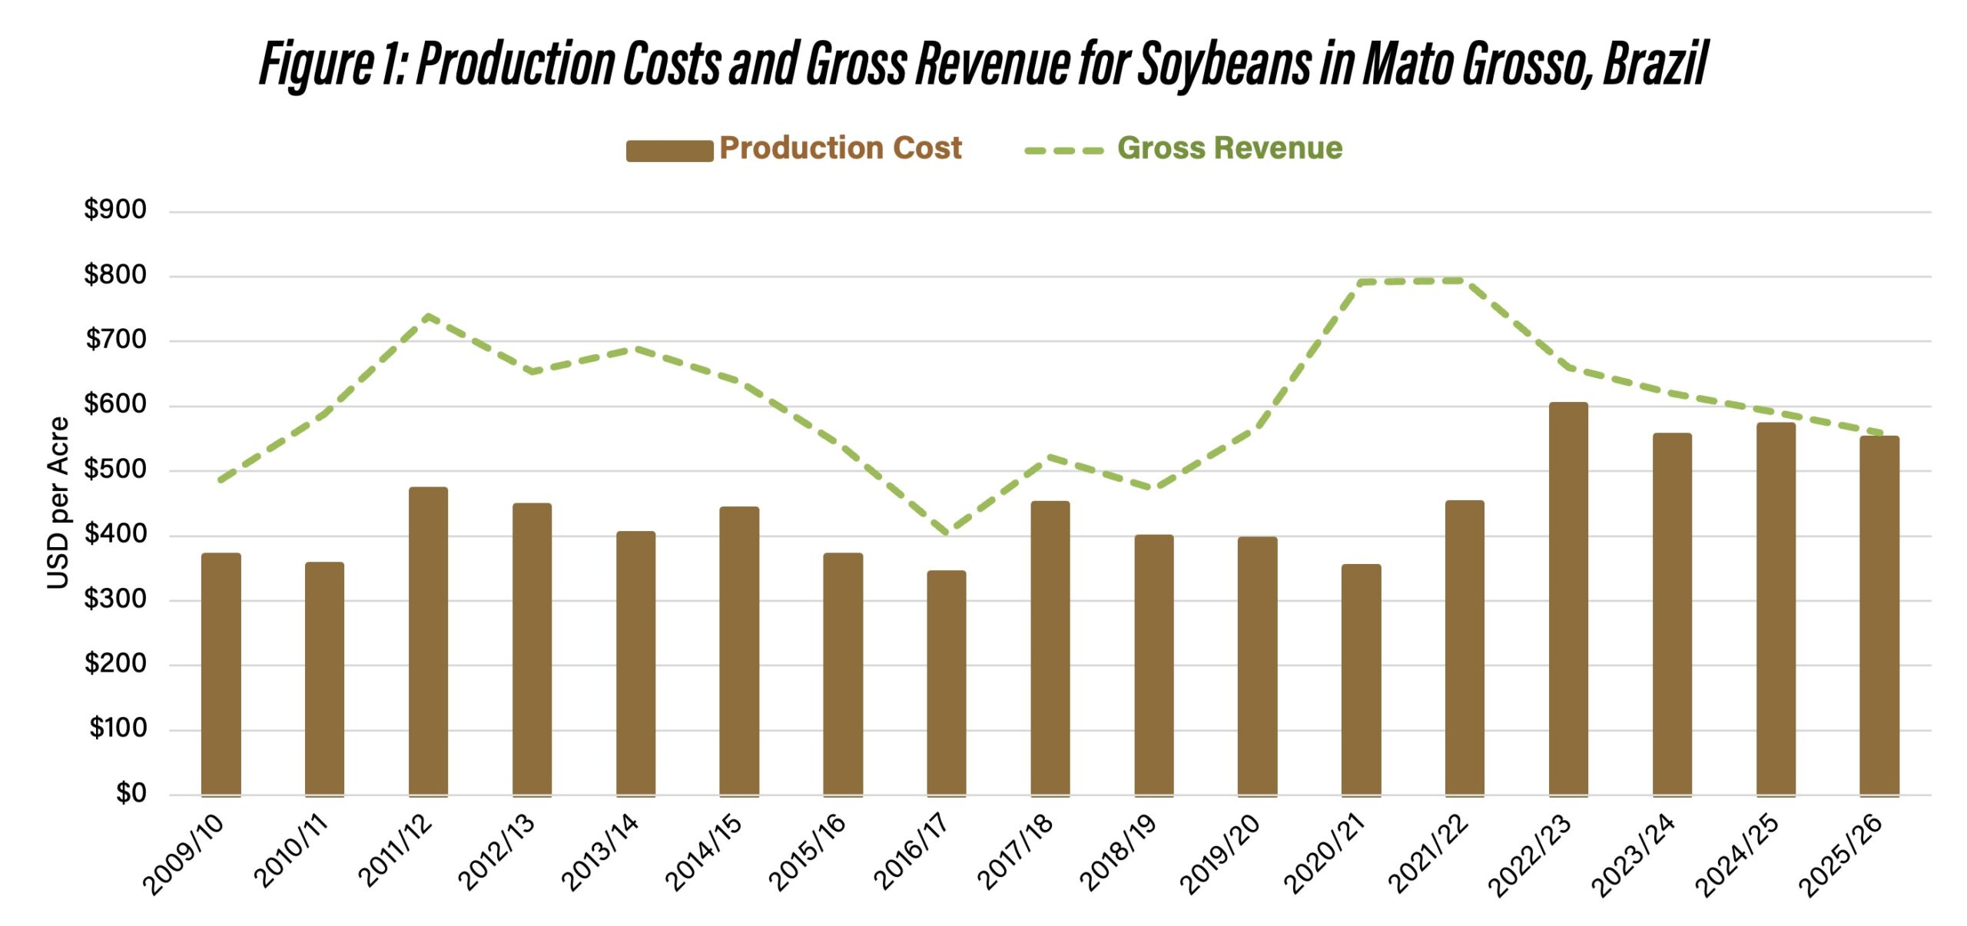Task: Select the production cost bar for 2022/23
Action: click(x=1567, y=599)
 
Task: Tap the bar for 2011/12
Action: click(x=428, y=642)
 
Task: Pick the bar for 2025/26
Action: click(x=1879, y=615)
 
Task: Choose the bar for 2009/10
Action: click(x=221, y=674)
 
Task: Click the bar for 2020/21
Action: click(x=1361, y=679)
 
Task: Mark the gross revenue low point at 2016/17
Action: click(x=946, y=532)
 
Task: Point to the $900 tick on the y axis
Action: click(x=115, y=210)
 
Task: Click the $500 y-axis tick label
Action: click(x=115, y=469)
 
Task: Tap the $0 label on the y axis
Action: click(x=131, y=793)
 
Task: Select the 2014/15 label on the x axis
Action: click(x=704, y=853)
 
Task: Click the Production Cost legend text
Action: click(x=840, y=148)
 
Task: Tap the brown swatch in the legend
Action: click(x=669, y=151)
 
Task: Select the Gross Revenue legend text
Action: click(x=1229, y=148)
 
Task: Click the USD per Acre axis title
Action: click(x=58, y=503)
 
